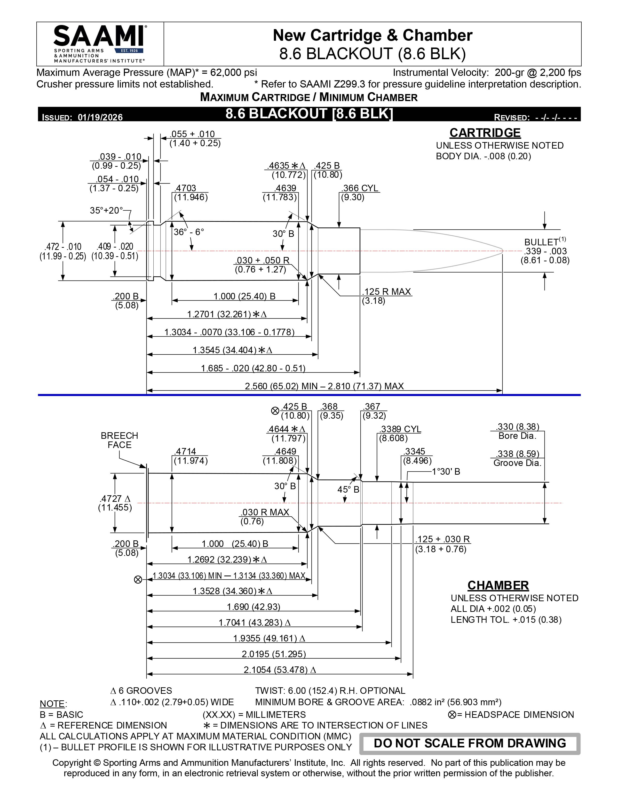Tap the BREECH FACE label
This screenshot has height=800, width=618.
[119, 440]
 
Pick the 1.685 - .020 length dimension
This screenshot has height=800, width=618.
[253, 368]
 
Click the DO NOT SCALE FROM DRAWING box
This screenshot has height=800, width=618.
[470, 743]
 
